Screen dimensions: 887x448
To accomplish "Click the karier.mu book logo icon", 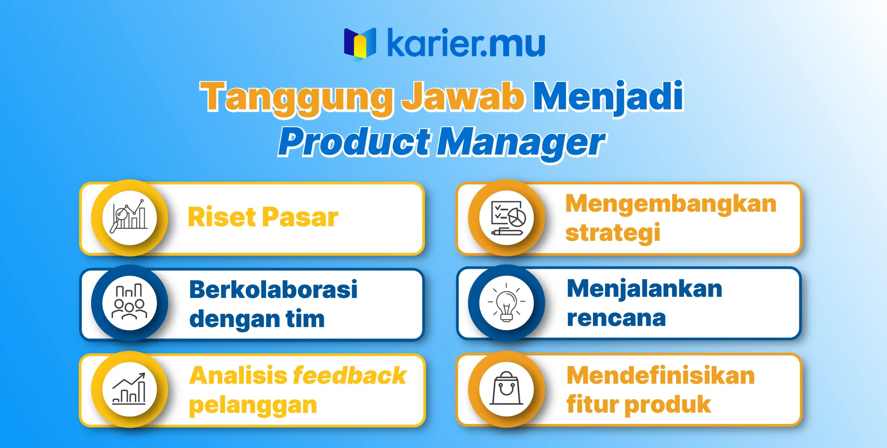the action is pyautogui.click(x=360, y=44).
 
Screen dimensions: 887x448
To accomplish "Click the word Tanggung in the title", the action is pyautogui.click(x=297, y=98).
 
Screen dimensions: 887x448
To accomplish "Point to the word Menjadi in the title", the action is pyautogui.click(x=608, y=97).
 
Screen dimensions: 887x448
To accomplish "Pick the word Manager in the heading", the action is pyautogui.click(x=521, y=143).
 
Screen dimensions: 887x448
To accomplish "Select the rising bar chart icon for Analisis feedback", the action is pyautogui.click(x=129, y=389).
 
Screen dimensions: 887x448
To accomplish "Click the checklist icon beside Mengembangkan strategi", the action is pyautogui.click(x=507, y=218).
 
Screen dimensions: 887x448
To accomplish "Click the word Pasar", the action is pyautogui.click(x=300, y=217).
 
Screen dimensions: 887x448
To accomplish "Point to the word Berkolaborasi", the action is pyautogui.click(x=273, y=289).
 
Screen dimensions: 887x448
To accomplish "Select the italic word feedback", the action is pyautogui.click(x=350, y=376).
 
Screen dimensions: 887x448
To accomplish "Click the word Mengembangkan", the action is pyautogui.click(x=671, y=204).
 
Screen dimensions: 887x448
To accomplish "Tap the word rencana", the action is pyautogui.click(x=616, y=318).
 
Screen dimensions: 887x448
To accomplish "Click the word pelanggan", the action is pyautogui.click(x=253, y=406).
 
